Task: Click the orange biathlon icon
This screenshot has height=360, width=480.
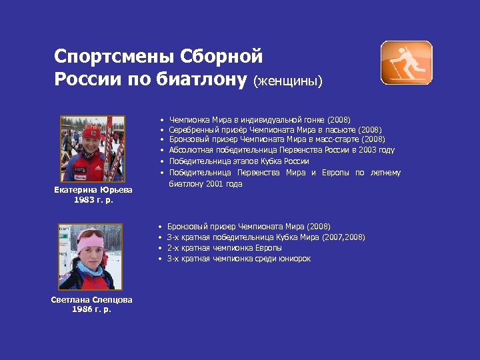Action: pos(406,62)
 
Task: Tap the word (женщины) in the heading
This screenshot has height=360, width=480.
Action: pos(287,81)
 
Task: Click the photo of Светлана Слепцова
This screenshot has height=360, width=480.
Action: pos(91,257)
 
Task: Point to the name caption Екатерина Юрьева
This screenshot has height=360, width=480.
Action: pos(93,190)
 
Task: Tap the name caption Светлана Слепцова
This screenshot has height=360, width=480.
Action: pos(91,300)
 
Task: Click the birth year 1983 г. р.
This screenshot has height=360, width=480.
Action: pos(93,199)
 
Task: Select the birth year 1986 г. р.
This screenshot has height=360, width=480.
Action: pos(91,309)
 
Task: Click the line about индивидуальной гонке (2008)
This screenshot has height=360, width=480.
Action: pos(259,119)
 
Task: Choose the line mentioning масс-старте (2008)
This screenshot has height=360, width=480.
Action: pos(277,139)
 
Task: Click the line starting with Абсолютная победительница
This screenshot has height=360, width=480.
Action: pos(281,150)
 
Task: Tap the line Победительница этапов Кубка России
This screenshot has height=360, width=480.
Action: pos(239,161)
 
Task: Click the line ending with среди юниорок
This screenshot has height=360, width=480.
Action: pos(238,259)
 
